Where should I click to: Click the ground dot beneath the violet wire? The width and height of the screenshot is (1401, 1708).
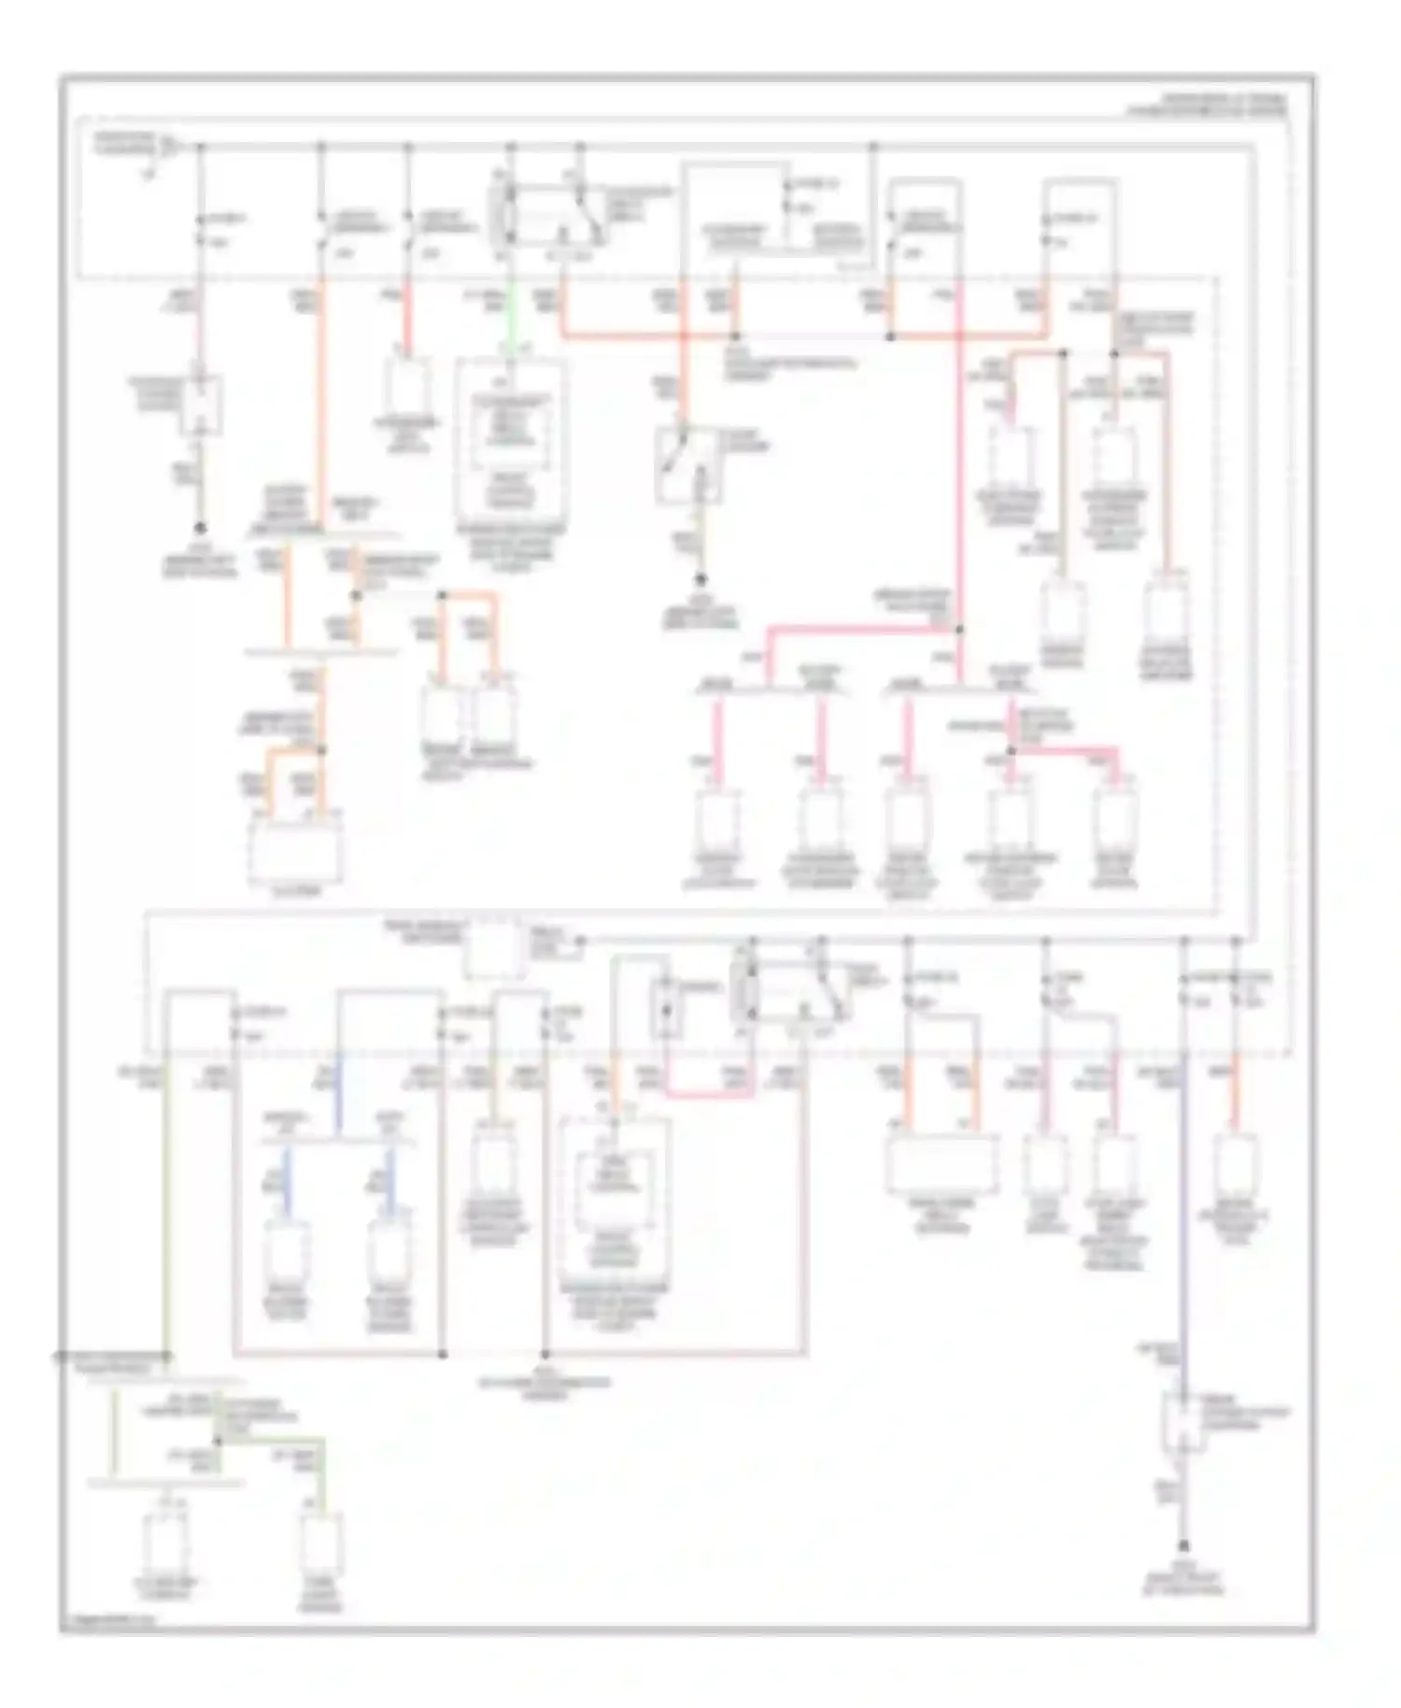(1183, 1544)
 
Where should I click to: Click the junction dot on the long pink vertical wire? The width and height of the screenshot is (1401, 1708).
(959, 629)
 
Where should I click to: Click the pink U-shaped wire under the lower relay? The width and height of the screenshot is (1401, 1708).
(710, 1090)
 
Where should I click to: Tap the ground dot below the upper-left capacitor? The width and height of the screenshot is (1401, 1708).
(200, 528)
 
